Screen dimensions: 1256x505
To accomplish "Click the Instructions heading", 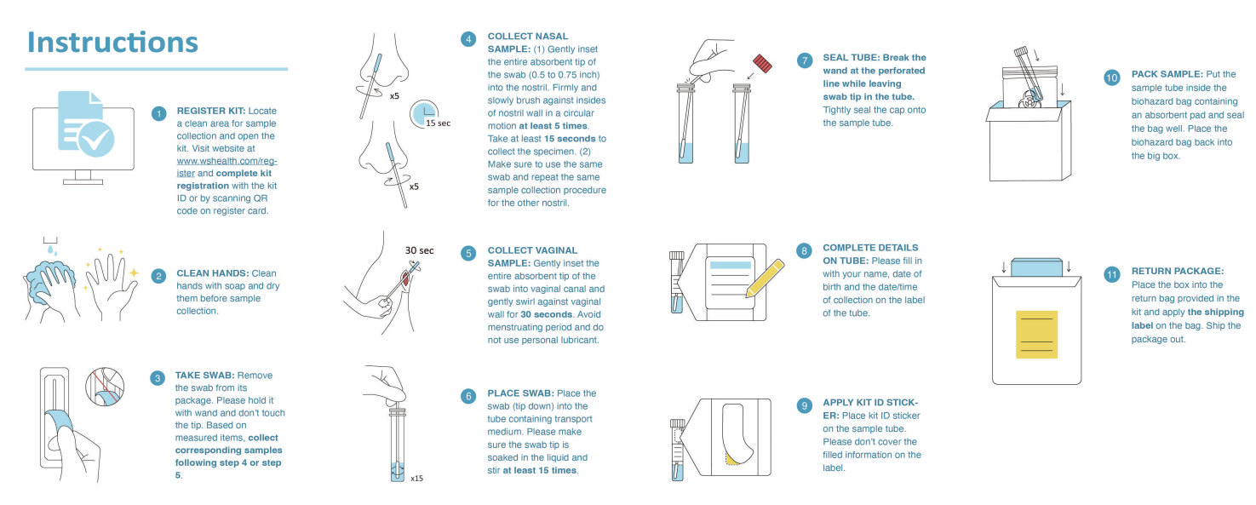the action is pos(112,43).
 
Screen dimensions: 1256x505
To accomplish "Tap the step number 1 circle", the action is pos(158,114).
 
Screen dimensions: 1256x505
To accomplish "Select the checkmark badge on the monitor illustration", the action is pos(96,139).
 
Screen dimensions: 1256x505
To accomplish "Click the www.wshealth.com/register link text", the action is pos(227,167).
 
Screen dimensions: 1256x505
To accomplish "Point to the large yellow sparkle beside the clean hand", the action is pos(134,273).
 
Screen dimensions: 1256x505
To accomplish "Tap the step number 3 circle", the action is pos(158,378).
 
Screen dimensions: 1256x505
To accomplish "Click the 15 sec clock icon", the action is pos(424,114).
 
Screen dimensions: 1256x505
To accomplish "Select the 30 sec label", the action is pos(420,250).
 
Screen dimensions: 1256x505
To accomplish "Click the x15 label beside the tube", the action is pos(416,478).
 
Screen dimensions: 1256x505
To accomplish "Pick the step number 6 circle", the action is pos(468,396).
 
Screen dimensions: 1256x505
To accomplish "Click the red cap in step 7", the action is pos(763,63).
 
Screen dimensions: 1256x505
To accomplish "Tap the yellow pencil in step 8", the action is pos(765,278).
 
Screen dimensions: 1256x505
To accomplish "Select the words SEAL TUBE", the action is pos(851,58).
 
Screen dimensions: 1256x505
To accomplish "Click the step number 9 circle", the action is pos(804,405).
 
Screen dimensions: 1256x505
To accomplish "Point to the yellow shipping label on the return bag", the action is pos(1037,334).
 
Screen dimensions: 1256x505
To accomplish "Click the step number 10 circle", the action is pos(1111,77).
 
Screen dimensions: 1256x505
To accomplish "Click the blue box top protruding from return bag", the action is pos(1037,267).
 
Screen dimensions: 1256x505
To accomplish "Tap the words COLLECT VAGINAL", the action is pos(532,250).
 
